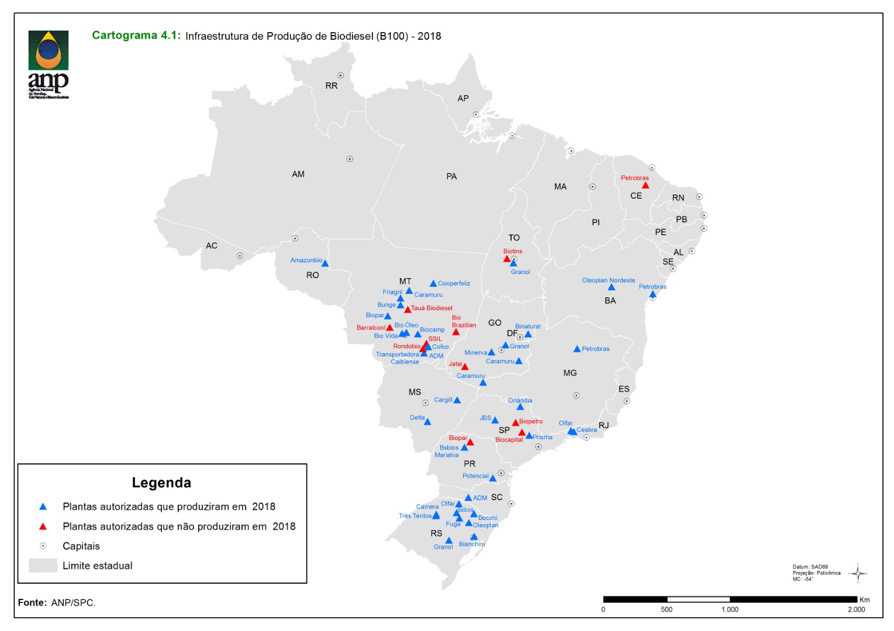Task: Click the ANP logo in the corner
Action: [x=49, y=64]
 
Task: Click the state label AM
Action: [x=298, y=174]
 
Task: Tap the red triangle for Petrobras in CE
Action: [x=646, y=186]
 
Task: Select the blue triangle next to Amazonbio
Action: [x=325, y=264]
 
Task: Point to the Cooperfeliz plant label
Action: [x=454, y=283]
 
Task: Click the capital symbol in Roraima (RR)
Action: [x=340, y=75]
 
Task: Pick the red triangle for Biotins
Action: [x=507, y=259]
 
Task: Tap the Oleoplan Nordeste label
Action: [x=608, y=280]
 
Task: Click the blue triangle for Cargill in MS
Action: [x=457, y=401]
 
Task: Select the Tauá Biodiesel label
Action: [x=432, y=308]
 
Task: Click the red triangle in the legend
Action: [x=43, y=526]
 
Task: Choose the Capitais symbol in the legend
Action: [x=43, y=546]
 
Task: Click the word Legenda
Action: [x=161, y=483]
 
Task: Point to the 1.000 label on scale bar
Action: [x=730, y=609]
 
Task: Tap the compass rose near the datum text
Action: [x=858, y=573]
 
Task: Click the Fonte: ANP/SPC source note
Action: [x=57, y=602]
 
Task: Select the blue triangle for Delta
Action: [x=427, y=422]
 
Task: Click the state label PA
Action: [x=451, y=176]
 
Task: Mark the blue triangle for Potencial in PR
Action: [x=493, y=479]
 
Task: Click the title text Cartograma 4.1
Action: [x=136, y=36]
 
